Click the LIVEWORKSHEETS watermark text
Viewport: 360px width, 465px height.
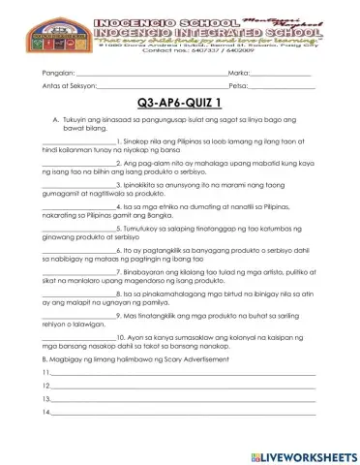307,454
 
